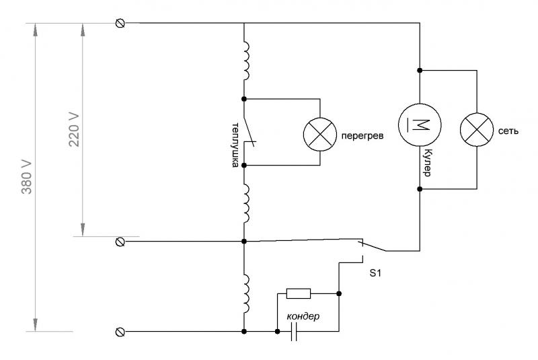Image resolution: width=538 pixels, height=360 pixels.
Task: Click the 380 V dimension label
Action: (x=27, y=178)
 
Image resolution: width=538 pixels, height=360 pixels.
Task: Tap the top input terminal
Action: (x=120, y=23)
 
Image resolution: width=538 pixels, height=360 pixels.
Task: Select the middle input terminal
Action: (x=120, y=240)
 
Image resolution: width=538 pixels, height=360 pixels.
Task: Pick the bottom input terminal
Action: (x=120, y=332)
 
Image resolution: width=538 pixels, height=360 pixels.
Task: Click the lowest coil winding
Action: (x=246, y=293)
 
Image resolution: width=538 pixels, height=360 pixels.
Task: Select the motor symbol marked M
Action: (x=420, y=124)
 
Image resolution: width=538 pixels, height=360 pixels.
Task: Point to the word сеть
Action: (x=509, y=129)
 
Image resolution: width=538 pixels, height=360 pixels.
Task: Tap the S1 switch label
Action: (x=375, y=275)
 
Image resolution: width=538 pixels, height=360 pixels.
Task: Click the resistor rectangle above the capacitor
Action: (x=298, y=293)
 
